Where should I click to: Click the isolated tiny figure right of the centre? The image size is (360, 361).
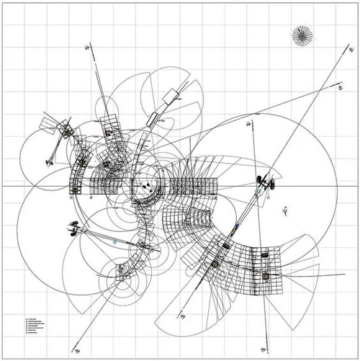[x=286, y=210]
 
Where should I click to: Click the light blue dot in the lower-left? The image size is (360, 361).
[x=114, y=243]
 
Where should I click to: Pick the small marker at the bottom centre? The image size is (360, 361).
[x=184, y=316]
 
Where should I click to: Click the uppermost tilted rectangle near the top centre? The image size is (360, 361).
[x=171, y=96]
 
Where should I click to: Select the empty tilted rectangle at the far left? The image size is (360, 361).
[x=48, y=124]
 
